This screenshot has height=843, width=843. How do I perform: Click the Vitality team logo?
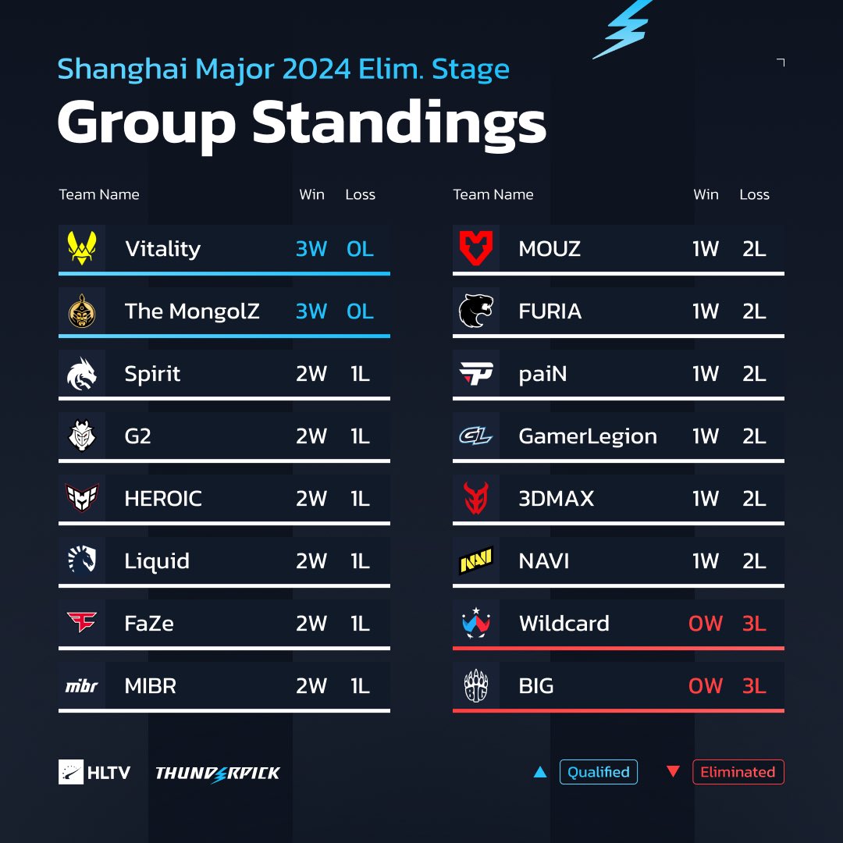tap(81, 249)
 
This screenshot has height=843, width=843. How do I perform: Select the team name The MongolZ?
tap(192, 311)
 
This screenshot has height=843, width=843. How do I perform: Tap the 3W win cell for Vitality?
tap(311, 249)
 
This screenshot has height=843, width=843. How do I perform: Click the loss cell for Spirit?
tap(360, 374)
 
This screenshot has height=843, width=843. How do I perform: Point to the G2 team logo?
tap(81, 436)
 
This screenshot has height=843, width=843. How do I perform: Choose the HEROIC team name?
tap(163, 499)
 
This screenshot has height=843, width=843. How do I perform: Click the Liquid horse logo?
tap(81, 561)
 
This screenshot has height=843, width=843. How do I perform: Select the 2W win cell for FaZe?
tap(311, 624)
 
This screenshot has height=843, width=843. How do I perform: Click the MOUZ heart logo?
tap(475, 249)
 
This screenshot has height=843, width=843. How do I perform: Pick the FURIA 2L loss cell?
tap(754, 311)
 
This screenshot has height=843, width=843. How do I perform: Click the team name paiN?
tap(542, 374)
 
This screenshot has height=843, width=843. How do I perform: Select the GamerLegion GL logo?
tap(475, 436)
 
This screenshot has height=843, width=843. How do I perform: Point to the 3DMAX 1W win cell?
tap(706, 499)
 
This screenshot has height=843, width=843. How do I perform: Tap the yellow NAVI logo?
tap(475, 561)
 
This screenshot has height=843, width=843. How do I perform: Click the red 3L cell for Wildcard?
tap(754, 624)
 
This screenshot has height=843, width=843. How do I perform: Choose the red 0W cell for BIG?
tap(706, 686)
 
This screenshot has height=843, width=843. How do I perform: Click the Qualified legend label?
tap(598, 772)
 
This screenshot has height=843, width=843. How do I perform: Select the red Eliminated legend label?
tap(738, 772)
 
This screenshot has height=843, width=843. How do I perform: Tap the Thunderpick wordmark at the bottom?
tap(218, 774)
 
